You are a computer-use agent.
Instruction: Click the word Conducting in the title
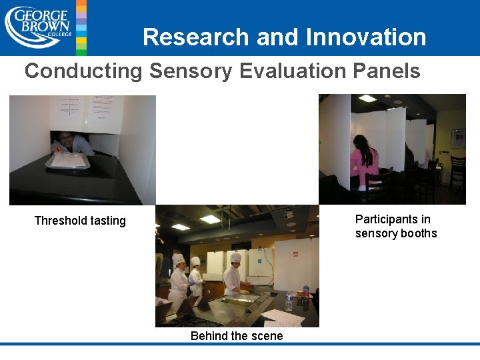point(83,71)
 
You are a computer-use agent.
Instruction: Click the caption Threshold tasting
point(80,221)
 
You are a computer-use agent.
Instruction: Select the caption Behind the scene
point(237,336)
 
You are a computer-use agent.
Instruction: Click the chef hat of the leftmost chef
point(178,259)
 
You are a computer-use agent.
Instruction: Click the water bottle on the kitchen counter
point(289,301)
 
